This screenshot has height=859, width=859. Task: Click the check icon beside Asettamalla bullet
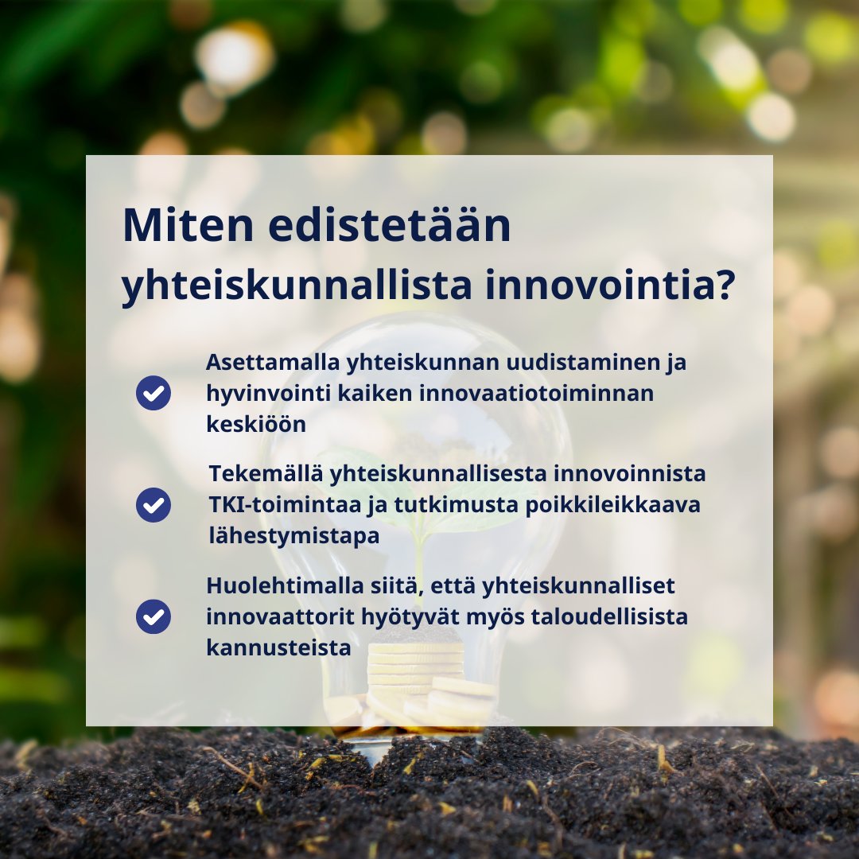(x=154, y=393)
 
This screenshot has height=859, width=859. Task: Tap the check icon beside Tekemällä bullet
(x=154, y=505)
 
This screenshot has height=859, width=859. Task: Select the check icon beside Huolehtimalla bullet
(x=154, y=616)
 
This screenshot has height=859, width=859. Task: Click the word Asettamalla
(x=273, y=362)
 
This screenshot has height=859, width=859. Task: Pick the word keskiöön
(x=256, y=424)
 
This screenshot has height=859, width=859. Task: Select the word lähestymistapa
(x=293, y=536)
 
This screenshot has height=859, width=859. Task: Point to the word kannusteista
(x=278, y=647)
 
